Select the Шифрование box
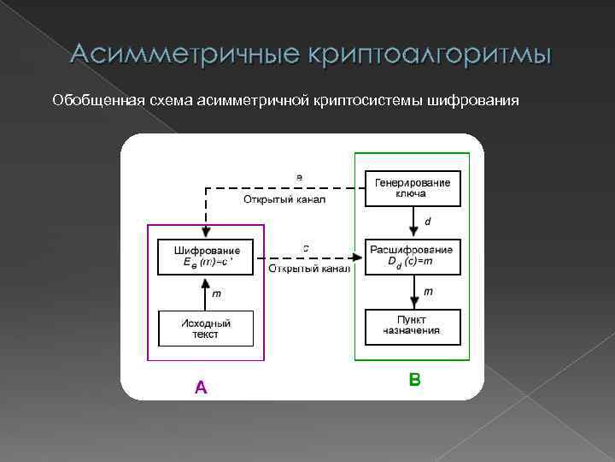[x=205, y=257]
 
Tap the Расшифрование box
[x=413, y=257]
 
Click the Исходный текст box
[x=205, y=328]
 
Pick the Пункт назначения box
[x=413, y=326]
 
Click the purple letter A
[x=201, y=388]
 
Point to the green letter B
[x=414, y=378]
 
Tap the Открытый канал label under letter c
[x=309, y=269]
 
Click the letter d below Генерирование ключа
[x=428, y=222]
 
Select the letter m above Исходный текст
[x=216, y=293]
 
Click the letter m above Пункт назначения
[x=428, y=292]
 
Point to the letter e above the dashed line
[x=299, y=177]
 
